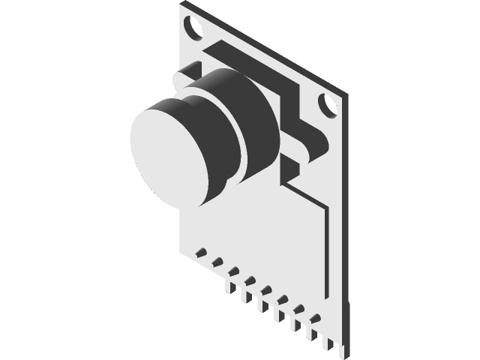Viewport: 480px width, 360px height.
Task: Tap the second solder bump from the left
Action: (x=217, y=261)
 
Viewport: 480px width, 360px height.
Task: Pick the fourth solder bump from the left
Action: (x=250, y=280)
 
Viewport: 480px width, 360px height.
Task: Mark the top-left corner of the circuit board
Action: (x=183, y=4)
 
